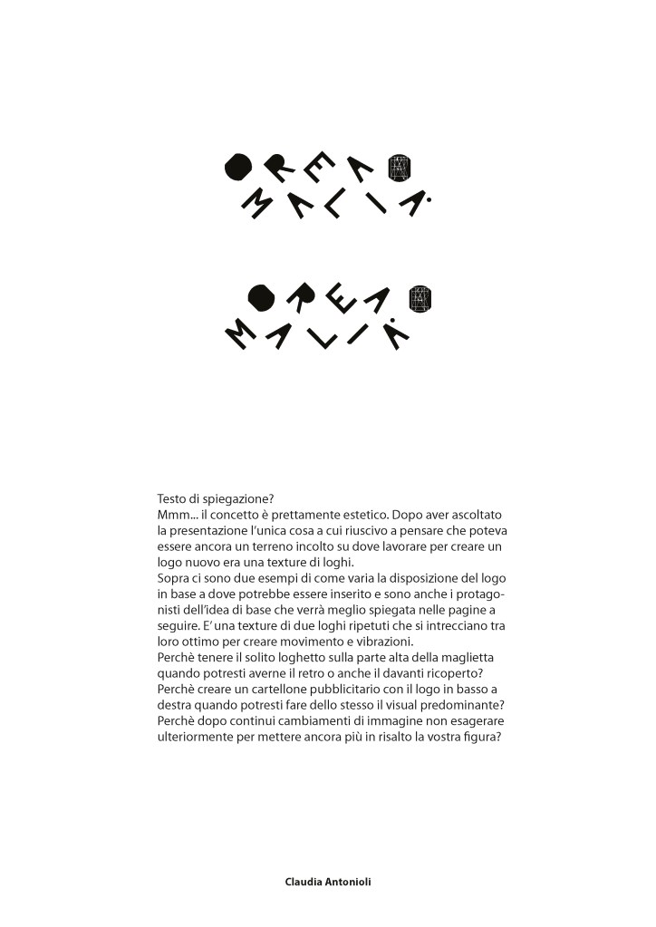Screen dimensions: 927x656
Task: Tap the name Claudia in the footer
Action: [304, 881]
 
